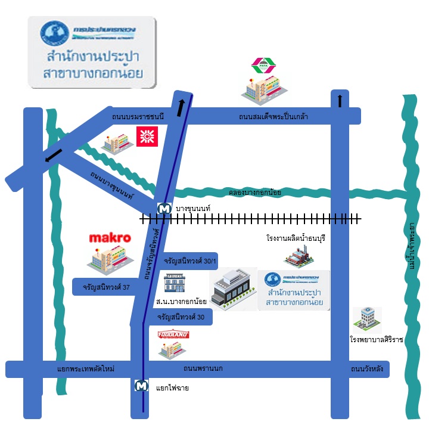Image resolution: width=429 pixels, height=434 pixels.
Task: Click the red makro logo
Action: [x=110, y=238]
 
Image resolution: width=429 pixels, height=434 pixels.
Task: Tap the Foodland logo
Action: [x=173, y=335]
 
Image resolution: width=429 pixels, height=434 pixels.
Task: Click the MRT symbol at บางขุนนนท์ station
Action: [x=163, y=208]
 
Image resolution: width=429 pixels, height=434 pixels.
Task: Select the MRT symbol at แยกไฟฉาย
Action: [x=142, y=386]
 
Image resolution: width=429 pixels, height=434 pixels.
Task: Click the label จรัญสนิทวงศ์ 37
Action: [x=107, y=287]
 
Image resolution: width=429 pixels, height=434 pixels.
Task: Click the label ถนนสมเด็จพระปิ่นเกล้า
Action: [x=273, y=116]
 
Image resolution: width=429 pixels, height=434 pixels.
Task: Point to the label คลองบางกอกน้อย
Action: [x=255, y=193]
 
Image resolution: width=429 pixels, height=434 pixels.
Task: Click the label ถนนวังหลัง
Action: [x=366, y=369]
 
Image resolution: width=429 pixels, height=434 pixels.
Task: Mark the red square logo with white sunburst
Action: [x=145, y=136]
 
